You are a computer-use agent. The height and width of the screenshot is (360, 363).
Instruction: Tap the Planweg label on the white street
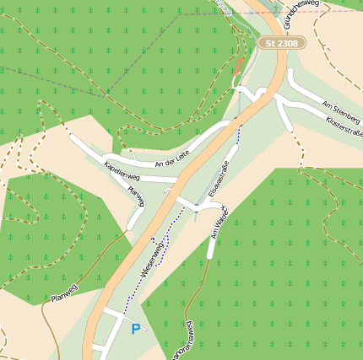click(x=136, y=196)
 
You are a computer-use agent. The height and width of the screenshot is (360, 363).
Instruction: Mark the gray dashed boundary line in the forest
click(x=51, y=80)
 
